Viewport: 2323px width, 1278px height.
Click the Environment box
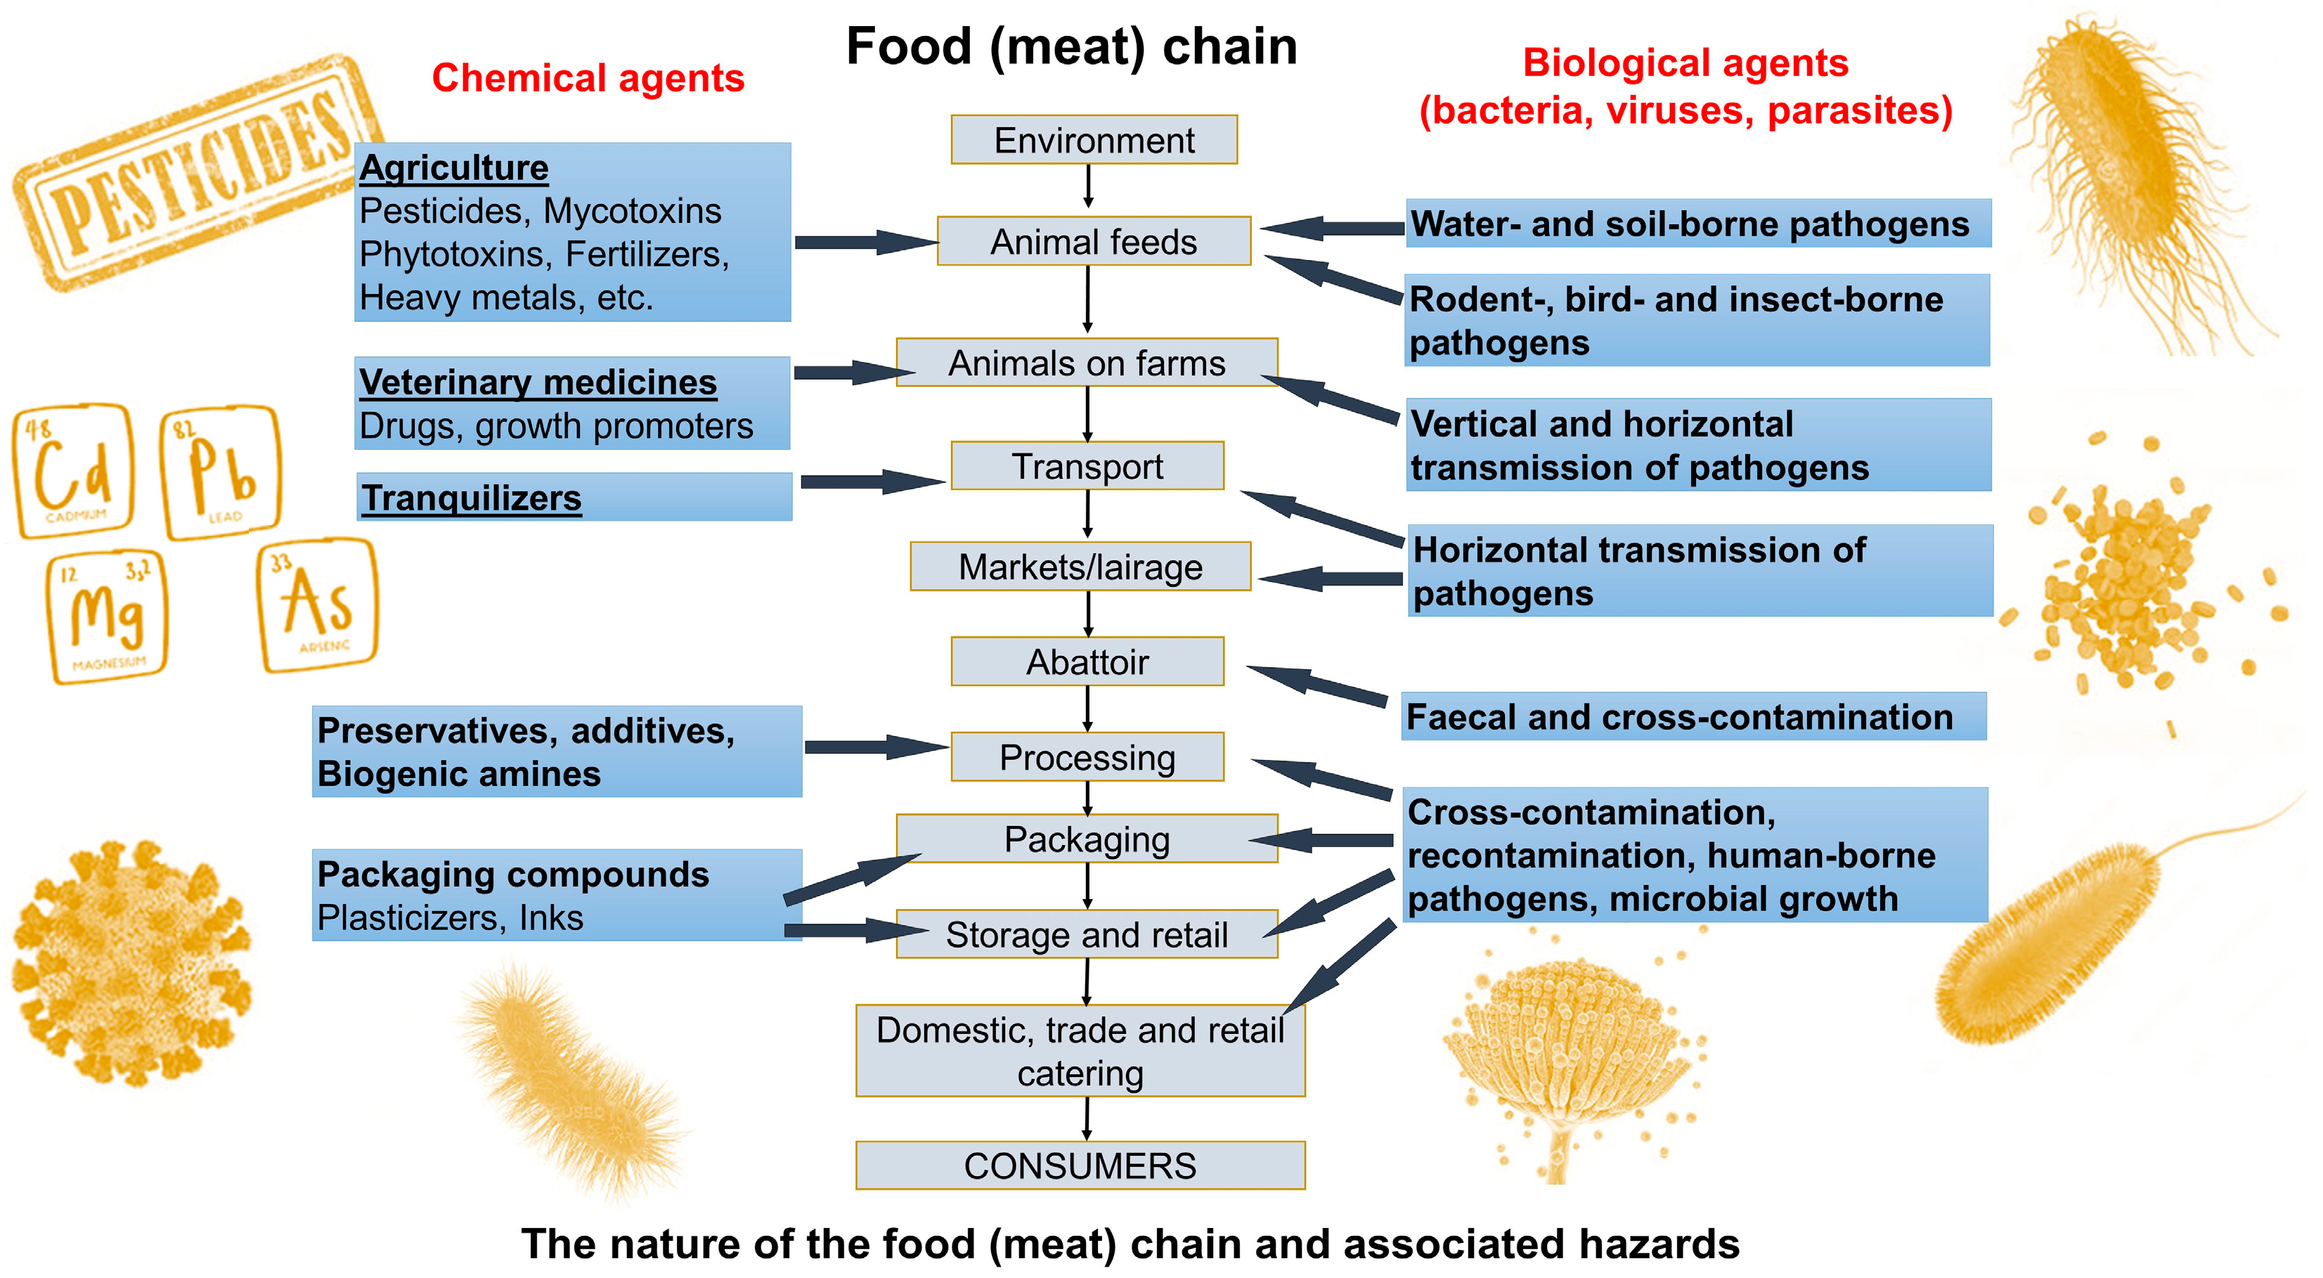click(1093, 140)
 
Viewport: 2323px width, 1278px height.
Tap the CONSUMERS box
click(1080, 1166)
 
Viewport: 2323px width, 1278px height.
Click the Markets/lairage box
click(1080, 567)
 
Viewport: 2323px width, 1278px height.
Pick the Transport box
click(1087, 466)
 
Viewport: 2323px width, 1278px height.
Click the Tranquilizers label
click(472, 498)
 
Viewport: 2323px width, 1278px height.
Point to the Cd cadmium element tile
click(74, 470)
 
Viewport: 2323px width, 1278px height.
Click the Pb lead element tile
click(221, 472)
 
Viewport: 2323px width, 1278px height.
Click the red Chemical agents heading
click(588, 79)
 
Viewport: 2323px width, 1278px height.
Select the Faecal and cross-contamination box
click(1693, 717)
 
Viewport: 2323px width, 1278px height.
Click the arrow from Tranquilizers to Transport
click(870, 482)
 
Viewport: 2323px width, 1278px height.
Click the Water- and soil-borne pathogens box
click(1697, 224)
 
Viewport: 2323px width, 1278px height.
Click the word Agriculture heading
click(453, 168)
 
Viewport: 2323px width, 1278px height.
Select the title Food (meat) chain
click(1071, 47)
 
